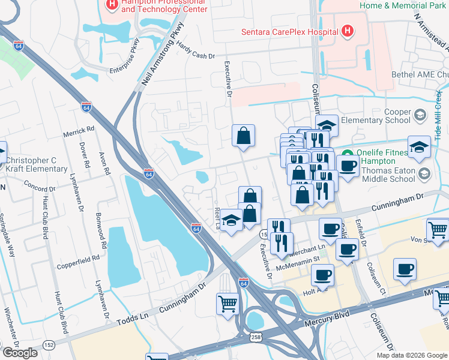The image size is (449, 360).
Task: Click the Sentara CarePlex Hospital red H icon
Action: click(x=347, y=31)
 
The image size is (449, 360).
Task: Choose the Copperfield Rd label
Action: click(x=78, y=261)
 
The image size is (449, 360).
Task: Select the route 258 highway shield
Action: click(x=257, y=340)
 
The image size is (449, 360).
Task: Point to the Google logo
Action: click(x=20, y=353)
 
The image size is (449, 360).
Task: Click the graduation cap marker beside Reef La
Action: click(x=231, y=221)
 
